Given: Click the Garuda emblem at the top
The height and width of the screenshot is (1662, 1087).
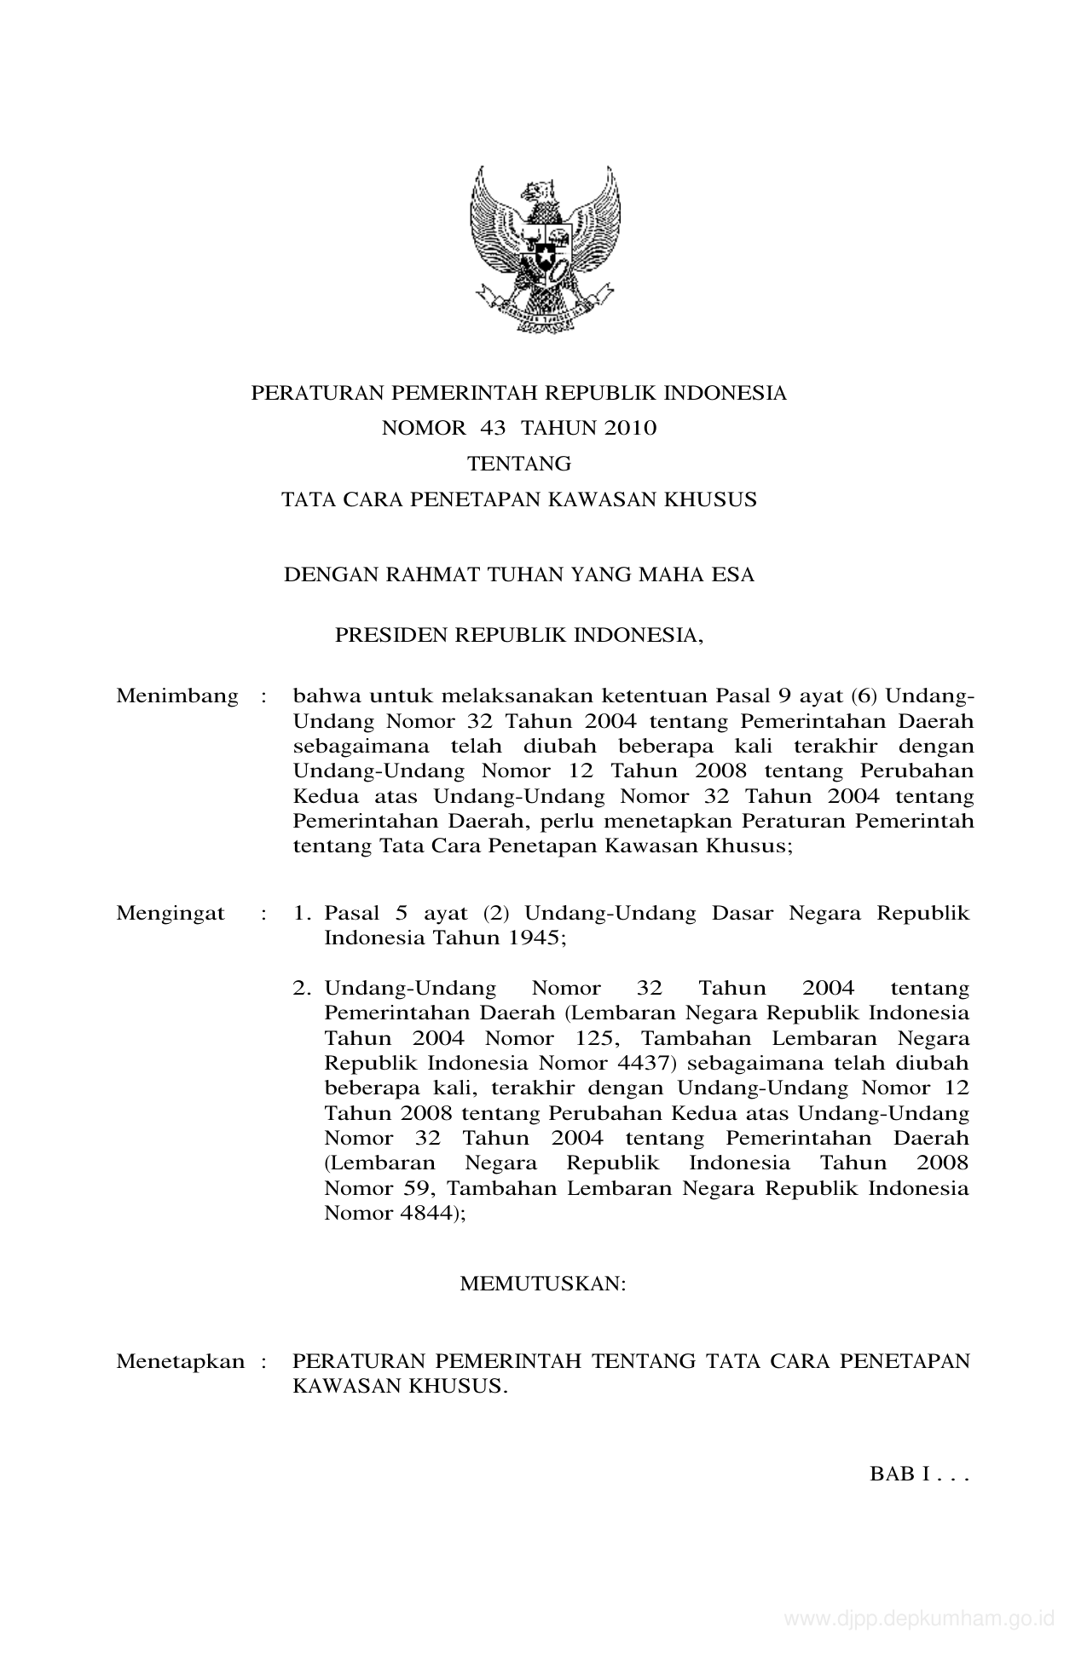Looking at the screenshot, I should [544, 249].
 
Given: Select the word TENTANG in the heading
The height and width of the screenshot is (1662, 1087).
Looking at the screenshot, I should [519, 464].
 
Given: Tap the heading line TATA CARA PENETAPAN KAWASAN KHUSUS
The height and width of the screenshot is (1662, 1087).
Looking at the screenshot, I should [519, 499].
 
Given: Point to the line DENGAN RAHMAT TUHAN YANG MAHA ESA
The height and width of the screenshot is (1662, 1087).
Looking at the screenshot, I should [519, 574].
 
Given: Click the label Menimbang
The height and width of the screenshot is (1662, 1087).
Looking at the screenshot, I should [177, 696].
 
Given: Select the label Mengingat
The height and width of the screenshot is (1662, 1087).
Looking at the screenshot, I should [171, 914].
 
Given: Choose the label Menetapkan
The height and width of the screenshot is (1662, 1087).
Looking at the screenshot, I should [181, 1361].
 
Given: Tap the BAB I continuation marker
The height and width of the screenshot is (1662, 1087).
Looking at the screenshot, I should [919, 1474].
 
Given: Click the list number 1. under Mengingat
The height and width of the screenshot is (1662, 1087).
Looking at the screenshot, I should [302, 914].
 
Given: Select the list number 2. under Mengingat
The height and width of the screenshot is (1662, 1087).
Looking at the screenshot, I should [302, 989].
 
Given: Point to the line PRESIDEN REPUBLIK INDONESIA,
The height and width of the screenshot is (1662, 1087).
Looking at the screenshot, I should [519, 636].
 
